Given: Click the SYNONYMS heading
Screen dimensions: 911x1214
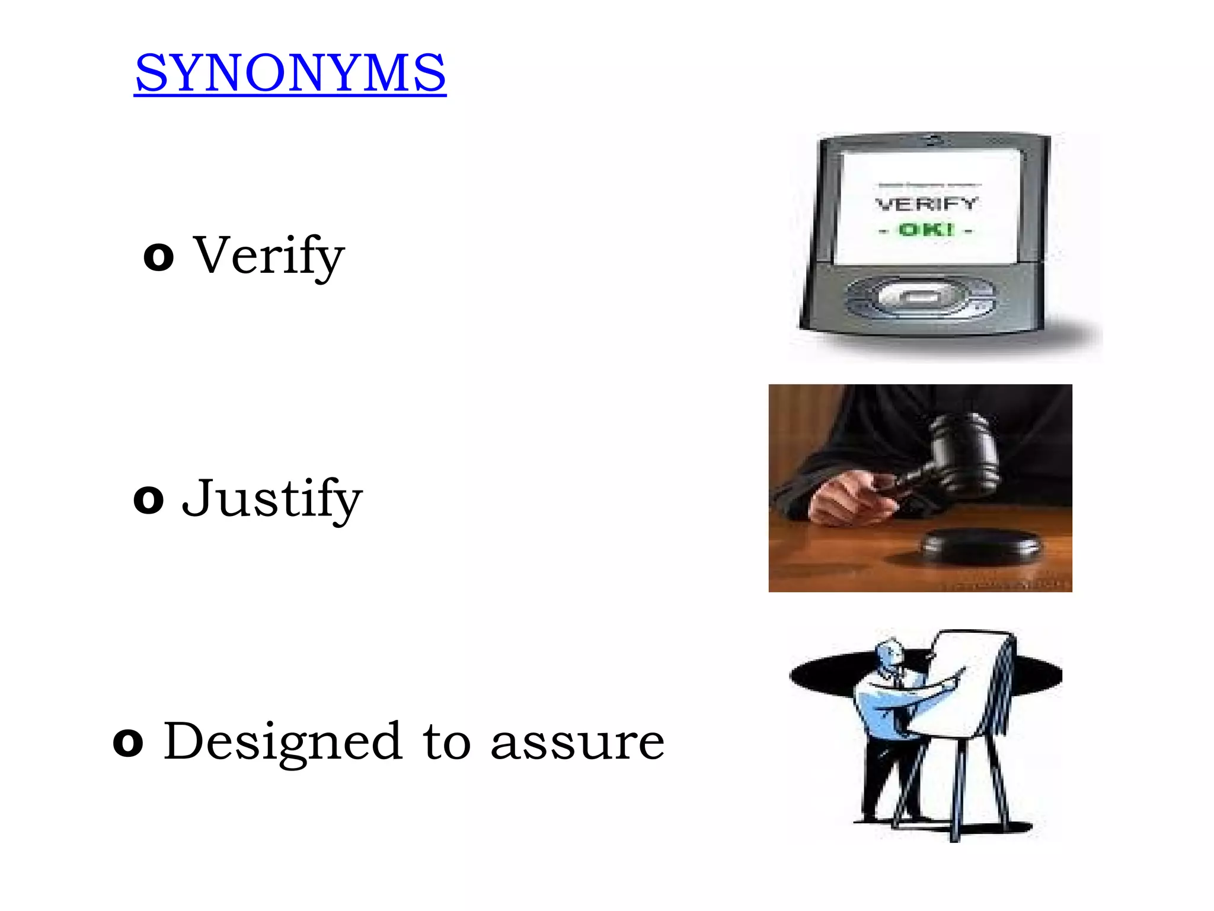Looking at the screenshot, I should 290,73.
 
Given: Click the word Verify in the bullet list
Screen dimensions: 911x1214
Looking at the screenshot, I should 269,256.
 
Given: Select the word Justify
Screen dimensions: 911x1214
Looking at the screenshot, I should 272,499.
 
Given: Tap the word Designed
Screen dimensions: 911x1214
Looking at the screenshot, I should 282,742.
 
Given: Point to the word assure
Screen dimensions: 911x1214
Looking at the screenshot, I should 577,743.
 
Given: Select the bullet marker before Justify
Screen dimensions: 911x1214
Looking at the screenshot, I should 148,500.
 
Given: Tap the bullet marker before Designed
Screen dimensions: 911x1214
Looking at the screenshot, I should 128,743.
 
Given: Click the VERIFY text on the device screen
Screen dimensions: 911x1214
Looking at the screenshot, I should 926,204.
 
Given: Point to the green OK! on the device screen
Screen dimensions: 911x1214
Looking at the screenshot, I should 926,230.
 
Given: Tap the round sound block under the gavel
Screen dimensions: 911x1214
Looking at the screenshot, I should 981,546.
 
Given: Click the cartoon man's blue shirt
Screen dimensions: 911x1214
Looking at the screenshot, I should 883,709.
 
